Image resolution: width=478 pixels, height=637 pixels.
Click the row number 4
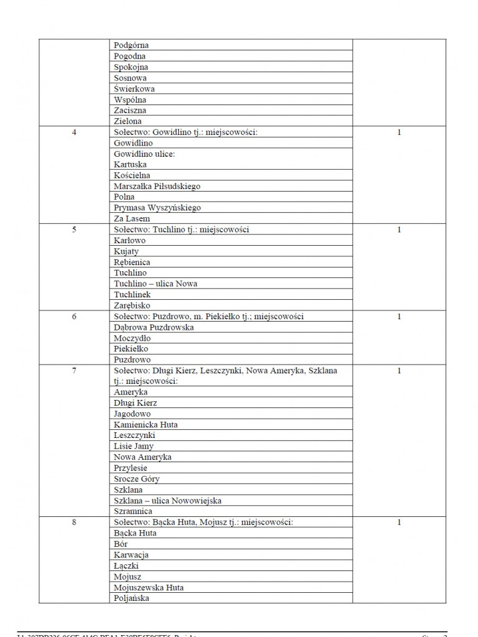coord(75,133)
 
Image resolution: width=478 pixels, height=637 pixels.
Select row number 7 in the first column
coord(75,371)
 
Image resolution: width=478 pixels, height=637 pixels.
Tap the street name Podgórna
coord(131,45)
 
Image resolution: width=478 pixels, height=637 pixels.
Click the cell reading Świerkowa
coord(134,89)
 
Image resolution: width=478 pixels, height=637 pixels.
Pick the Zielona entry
coord(128,121)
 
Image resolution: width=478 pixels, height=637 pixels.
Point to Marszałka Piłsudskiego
coord(157,187)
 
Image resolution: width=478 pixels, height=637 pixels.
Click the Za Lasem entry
coord(132,219)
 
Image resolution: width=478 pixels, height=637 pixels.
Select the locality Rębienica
coord(132,262)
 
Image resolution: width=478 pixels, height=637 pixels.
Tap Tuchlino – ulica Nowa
coord(156,284)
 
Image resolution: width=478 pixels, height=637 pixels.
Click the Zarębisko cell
coord(132,305)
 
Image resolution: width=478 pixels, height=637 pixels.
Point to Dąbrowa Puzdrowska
coord(154,327)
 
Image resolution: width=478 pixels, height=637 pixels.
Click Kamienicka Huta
coord(146,425)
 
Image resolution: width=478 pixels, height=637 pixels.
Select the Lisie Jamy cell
coord(133,446)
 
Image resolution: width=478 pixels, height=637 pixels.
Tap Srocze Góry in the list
coord(136,479)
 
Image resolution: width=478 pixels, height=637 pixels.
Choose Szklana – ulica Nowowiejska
coord(167,501)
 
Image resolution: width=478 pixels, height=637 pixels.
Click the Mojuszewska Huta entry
coord(149,587)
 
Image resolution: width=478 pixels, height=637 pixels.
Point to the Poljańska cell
coord(131,598)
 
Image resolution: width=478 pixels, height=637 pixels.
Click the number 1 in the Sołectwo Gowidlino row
coord(399,133)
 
